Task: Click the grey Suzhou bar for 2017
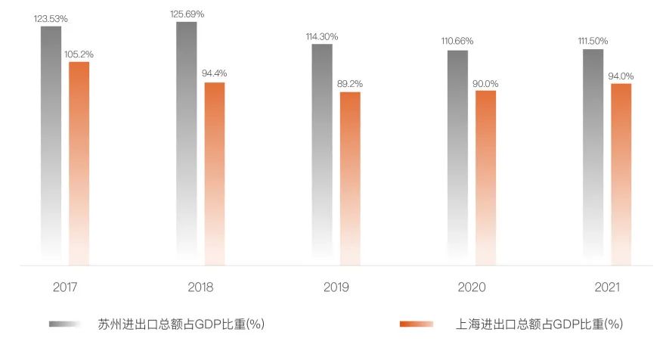(x=51, y=144)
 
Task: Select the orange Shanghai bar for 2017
(x=79, y=163)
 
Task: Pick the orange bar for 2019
(x=350, y=178)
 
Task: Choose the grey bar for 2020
(x=457, y=155)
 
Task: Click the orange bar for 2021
(x=621, y=174)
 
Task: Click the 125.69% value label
(x=186, y=14)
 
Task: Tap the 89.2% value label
(x=350, y=84)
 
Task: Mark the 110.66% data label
(x=457, y=42)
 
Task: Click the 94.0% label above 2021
(x=621, y=76)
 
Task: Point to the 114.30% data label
(x=322, y=36)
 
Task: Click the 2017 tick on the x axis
(x=66, y=287)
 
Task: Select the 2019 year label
(x=336, y=287)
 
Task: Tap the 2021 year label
(x=607, y=287)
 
